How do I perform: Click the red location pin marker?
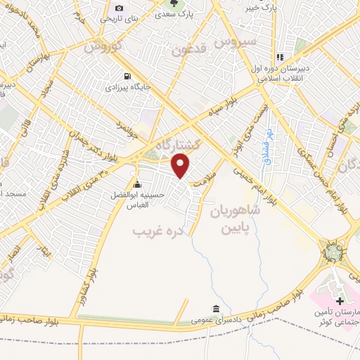(182, 166)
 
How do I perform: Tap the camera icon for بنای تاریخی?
(119, 8)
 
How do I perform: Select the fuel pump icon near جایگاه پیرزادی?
(126, 77)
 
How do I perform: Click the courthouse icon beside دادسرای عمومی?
(216, 309)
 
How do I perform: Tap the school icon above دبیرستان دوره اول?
(279, 58)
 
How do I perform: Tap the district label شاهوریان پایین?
(235, 219)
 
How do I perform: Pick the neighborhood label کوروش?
(103, 46)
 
